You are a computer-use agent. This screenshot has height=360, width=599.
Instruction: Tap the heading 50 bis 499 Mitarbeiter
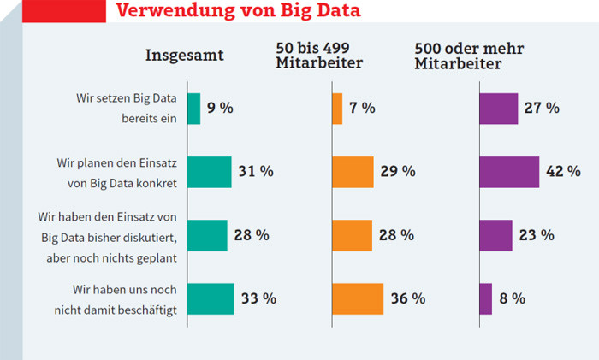click(x=319, y=55)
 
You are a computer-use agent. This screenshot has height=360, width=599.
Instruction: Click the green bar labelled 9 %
click(x=193, y=109)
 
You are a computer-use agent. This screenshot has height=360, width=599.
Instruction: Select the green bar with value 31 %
click(x=209, y=172)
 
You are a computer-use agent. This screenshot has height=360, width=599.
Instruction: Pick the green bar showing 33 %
click(x=211, y=298)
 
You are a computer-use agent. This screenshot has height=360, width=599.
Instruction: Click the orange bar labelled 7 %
click(x=336, y=109)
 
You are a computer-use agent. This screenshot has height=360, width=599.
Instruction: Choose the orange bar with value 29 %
click(x=352, y=172)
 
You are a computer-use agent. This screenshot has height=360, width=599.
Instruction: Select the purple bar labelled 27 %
click(x=498, y=109)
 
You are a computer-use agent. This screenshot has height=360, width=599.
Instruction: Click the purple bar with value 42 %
click(x=509, y=172)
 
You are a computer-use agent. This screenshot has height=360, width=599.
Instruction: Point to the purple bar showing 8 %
click(x=485, y=298)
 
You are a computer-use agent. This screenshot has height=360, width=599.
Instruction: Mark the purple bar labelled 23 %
click(x=495, y=235)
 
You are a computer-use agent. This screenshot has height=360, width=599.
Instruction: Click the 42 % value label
click(x=563, y=172)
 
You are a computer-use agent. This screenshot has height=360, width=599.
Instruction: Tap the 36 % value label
click(x=406, y=298)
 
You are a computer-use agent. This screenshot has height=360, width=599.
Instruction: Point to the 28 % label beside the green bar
click(x=251, y=235)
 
